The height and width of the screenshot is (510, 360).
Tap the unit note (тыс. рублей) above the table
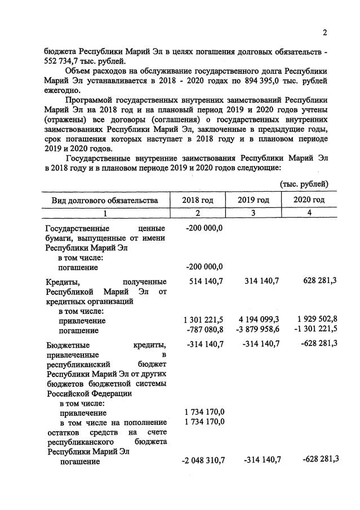pyautogui.click(x=304, y=184)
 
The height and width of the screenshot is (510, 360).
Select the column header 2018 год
pyautogui.click(x=198, y=200)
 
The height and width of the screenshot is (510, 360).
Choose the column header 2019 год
pyautogui.click(x=253, y=200)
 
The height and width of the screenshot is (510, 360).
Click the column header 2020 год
pyautogui.click(x=309, y=200)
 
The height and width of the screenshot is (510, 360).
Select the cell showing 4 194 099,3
pyautogui.click(x=256, y=320)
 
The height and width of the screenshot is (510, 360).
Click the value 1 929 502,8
pyautogui.click(x=314, y=320)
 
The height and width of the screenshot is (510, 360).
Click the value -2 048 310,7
pyautogui.click(x=203, y=460)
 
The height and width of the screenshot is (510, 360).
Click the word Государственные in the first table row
pyautogui.click(x=78, y=228)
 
